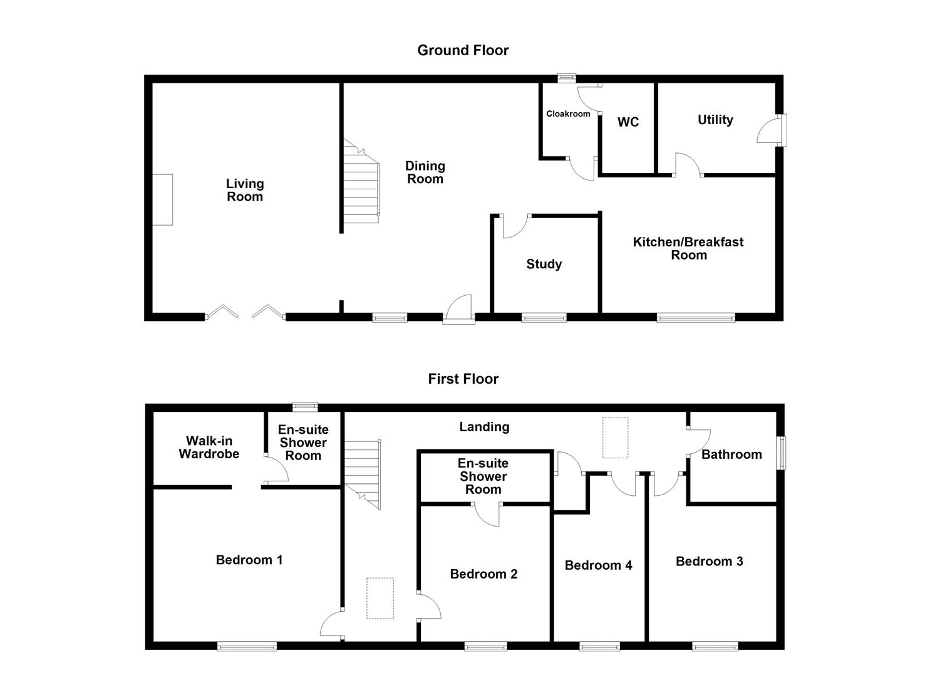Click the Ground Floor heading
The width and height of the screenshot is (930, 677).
[463, 50]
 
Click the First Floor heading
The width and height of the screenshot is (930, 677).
[463, 379]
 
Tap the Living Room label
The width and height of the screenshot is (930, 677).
[244, 190]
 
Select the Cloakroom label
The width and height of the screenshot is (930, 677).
[568, 113]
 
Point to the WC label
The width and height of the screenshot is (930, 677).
[628, 122]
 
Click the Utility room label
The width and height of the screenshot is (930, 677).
[715, 120]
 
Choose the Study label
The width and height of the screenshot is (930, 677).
[544, 264]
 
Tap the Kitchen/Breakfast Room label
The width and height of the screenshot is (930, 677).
[688, 248]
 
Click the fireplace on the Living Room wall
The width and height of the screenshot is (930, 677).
[162, 200]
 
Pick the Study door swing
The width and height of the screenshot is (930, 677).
[515, 226]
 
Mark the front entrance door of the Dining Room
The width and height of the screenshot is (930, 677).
[459, 308]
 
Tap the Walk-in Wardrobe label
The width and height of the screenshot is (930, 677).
[209, 447]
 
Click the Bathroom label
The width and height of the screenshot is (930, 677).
[731, 454]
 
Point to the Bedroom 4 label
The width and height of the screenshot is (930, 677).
[598, 565]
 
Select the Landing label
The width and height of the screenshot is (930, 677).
[484, 427]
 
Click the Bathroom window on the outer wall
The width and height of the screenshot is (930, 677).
[782, 453]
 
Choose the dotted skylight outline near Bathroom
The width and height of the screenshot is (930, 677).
[615, 438]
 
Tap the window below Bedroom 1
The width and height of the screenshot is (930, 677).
[247, 646]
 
